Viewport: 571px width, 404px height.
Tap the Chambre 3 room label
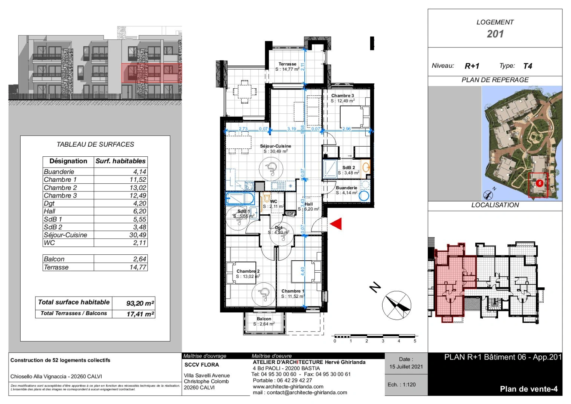point(342,96)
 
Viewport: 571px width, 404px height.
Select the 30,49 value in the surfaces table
point(138,235)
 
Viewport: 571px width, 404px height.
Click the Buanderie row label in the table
point(59,172)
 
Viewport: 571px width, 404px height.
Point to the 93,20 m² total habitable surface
point(140,303)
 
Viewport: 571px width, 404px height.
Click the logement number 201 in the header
point(495,34)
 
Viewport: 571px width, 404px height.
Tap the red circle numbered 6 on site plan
point(539,183)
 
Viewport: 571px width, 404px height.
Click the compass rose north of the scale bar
point(396,305)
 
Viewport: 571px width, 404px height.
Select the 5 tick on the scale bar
point(415,341)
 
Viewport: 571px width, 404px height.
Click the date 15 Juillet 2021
point(406,367)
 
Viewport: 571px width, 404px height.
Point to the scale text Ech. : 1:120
point(402,385)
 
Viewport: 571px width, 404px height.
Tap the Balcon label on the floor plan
point(264,319)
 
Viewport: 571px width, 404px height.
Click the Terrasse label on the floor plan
point(287,64)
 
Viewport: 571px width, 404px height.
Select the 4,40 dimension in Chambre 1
point(303,271)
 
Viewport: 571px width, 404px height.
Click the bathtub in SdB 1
point(240,198)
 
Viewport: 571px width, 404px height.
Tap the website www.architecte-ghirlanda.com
point(288,386)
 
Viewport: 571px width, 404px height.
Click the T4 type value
point(527,66)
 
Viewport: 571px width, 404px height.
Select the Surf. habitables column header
point(120,161)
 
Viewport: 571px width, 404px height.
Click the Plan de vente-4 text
point(528,389)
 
